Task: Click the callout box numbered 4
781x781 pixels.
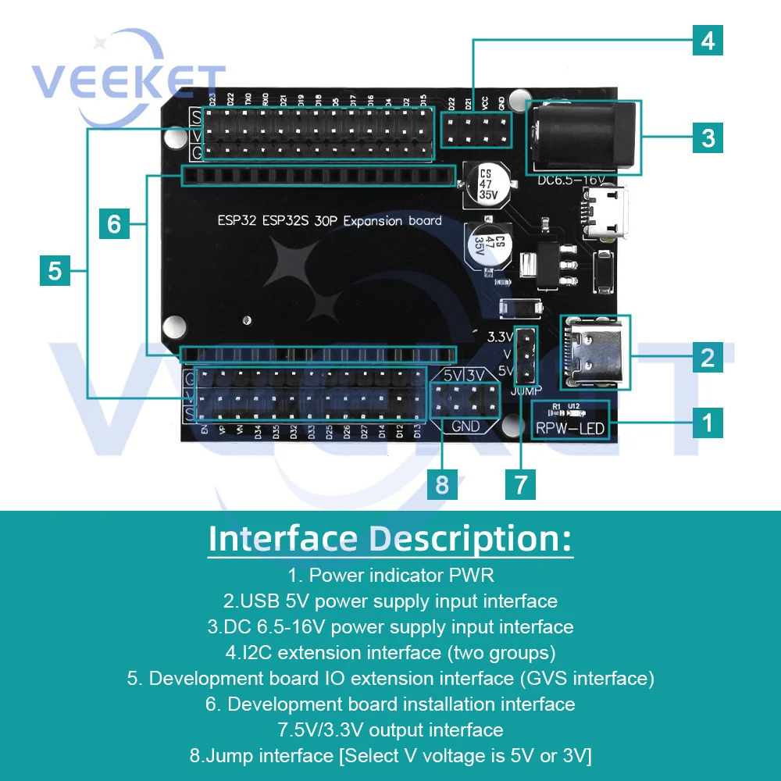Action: tap(708, 40)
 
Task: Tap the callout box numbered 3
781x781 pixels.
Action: tap(708, 138)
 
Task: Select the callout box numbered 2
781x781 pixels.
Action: tap(707, 357)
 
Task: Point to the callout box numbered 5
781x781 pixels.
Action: tap(55, 271)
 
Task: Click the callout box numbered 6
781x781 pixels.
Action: tap(114, 224)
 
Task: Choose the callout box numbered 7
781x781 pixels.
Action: tap(520, 484)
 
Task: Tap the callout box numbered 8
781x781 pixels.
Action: tap(442, 484)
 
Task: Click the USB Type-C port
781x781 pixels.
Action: tap(595, 352)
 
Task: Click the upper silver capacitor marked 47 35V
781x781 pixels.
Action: tap(486, 184)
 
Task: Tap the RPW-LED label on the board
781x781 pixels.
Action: tap(570, 428)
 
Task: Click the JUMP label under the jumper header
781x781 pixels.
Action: tap(526, 390)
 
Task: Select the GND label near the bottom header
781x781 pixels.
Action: tap(465, 426)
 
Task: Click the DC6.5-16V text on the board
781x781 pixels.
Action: tap(571, 180)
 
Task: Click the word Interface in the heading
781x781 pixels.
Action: tap(282, 539)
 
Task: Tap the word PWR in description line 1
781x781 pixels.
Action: tap(471, 576)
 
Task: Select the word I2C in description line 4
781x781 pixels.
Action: tap(247, 652)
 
